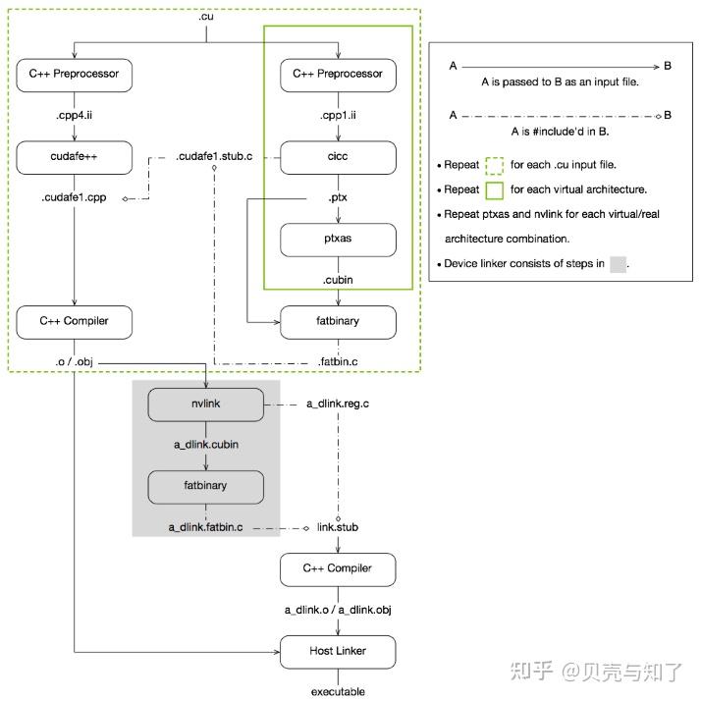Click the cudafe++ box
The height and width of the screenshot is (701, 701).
tap(74, 157)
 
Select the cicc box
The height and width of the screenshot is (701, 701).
tap(338, 157)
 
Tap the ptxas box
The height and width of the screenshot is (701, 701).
tap(338, 240)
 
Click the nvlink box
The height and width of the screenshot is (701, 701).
tap(206, 404)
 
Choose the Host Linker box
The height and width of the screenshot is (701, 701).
tap(338, 650)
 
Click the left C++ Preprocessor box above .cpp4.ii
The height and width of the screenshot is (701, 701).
tap(74, 75)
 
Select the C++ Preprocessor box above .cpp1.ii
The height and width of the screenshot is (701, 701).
tap(338, 75)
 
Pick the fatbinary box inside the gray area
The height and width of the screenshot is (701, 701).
tap(206, 486)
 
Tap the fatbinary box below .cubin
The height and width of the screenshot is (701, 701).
tap(338, 321)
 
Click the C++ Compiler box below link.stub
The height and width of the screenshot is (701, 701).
tap(338, 568)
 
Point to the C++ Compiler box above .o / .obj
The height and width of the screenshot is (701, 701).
tap(74, 321)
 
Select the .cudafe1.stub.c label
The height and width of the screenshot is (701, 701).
tap(214, 157)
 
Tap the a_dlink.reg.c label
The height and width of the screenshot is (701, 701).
tap(339, 404)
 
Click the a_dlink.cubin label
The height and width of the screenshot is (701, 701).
tap(206, 445)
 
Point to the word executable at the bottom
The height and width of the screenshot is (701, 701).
tap(338, 691)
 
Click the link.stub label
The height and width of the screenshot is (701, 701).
tap(338, 527)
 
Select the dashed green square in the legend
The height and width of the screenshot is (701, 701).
tap(496, 165)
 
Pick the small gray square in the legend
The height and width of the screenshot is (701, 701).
tap(618, 263)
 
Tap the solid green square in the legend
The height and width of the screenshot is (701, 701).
tap(496, 189)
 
